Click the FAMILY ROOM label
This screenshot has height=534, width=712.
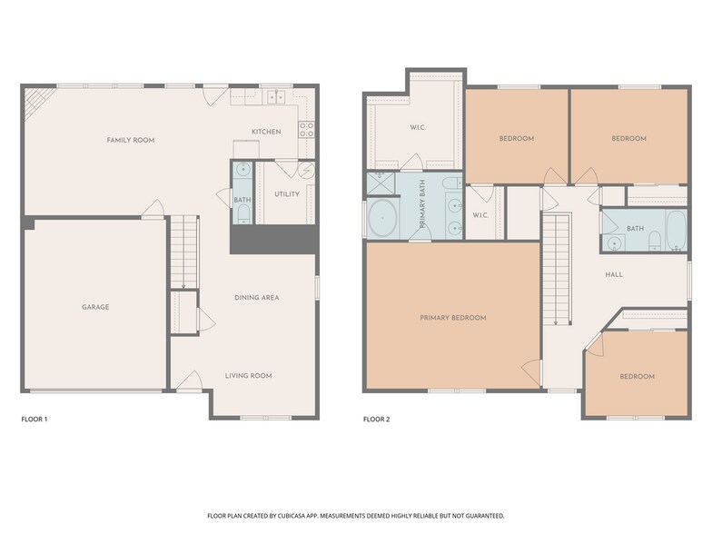coord(131,140)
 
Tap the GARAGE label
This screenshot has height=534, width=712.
coord(95,307)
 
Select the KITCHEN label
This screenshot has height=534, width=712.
coord(267,132)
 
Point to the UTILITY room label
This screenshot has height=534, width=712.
coord(287,194)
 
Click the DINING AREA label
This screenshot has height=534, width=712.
coord(256,298)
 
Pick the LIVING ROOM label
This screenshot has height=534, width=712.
coord(249,376)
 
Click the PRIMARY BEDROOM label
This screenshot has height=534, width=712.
coord(453,318)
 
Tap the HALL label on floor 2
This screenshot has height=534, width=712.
coord(614,274)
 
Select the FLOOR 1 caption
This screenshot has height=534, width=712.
coord(35,420)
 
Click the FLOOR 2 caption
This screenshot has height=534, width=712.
coord(376,420)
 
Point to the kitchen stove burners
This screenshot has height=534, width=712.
coord(307,129)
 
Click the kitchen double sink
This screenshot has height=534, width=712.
coord(276,96)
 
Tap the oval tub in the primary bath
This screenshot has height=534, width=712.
coord(383,218)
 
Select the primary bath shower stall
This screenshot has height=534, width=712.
coord(381,183)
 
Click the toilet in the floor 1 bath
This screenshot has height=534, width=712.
coord(243,213)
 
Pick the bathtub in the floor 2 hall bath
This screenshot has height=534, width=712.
coord(677,231)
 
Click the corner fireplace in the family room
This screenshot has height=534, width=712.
coord(37,102)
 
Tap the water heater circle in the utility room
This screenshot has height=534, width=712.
coord(307,171)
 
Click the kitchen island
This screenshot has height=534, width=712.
coord(246,149)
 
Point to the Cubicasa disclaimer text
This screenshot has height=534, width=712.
coord(356,516)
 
